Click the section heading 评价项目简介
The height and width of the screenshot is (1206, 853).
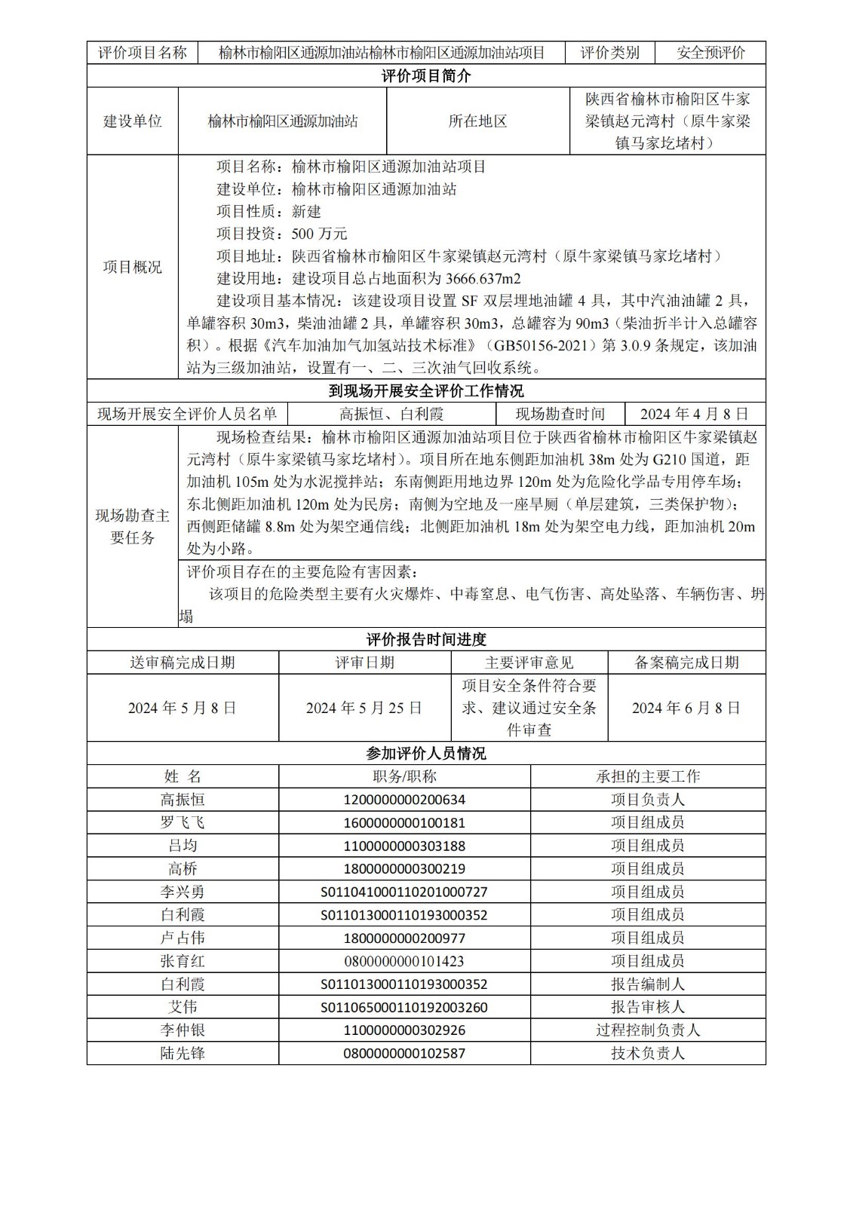[x=426, y=76]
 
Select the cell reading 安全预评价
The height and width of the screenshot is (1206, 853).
[x=710, y=53]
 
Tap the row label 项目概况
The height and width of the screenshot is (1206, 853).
[x=132, y=268]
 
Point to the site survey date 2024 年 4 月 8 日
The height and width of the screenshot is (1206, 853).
[x=694, y=414]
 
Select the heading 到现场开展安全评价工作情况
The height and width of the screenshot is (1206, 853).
[x=426, y=391]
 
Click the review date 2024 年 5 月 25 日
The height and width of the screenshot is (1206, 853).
[x=364, y=708]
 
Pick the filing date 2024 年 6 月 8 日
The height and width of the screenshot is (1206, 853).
[x=686, y=708]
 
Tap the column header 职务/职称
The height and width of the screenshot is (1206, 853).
[x=404, y=776]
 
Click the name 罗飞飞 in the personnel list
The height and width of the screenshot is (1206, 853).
[x=183, y=822]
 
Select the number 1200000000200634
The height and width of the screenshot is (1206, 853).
[x=404, y=800]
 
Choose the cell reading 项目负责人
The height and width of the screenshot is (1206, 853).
[x=648, y=800]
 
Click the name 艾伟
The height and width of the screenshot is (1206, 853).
[x=183, y=1007]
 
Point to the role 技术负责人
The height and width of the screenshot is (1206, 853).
[x=648, y=1053]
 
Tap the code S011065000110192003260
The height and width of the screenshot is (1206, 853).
[x=404, y=1007]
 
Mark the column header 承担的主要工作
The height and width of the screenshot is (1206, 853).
[x=648, y=776]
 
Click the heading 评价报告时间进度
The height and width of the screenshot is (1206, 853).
[x=426, y=640]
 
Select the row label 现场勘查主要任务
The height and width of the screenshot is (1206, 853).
[x=132, y=527]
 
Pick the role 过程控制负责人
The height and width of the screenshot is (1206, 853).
[x=648, y=1030]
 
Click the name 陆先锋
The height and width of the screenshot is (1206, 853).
[x=183, y=1053]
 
